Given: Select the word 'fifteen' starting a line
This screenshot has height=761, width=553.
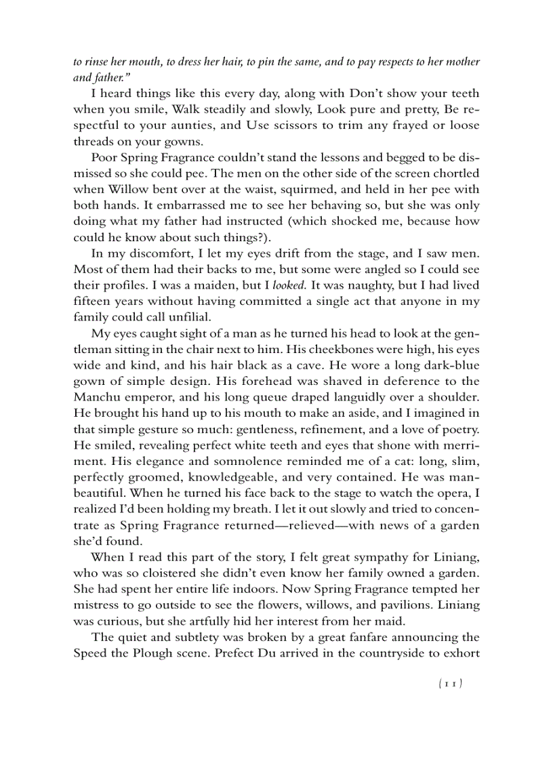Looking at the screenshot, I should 92,301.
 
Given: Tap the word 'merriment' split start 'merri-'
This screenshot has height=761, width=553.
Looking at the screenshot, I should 458,445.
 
